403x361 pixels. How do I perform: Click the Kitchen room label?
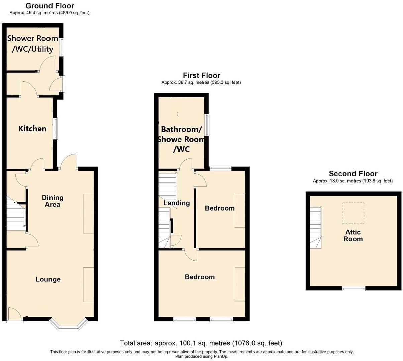click(x=32, y=129)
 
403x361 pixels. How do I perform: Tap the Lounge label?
click(x=48, y=279)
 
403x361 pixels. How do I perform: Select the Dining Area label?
click(x=53, y=201)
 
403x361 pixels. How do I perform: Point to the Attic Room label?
click(x=353, y=235)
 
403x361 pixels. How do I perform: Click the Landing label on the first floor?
click(x=177, y=203)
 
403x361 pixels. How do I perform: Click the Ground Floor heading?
click(x=50, y=6)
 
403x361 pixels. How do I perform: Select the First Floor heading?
click(x=201, y=75)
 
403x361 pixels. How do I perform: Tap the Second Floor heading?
click(x=353, y=174)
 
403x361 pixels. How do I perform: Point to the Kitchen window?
click(x=56, y=128)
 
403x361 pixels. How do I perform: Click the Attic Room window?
click(x=354, y=288)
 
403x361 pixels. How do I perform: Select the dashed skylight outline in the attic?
click(x=353, y=213)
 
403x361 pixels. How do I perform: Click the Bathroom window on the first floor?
click(x=207, y=125)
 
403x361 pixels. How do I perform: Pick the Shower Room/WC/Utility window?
click(x=62, y=47)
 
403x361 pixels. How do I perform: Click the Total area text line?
click(x=201, y=343)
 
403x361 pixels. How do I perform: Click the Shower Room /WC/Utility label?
click(x=32, y=44)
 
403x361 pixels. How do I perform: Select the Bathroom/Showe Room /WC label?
click(x=181, y=139)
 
